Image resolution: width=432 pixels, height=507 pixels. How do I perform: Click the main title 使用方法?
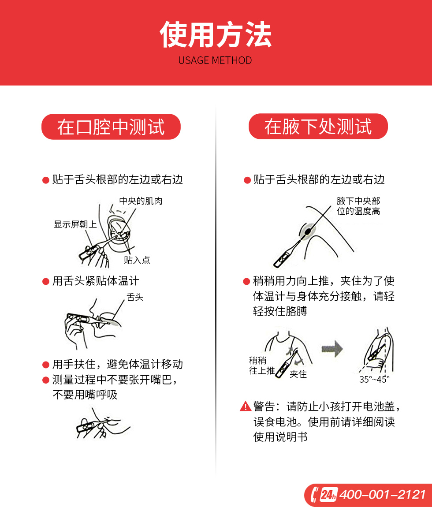coord(216,34)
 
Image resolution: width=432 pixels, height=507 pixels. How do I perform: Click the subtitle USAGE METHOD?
coord(215,60)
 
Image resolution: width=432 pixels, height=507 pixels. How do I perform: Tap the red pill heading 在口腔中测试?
coord(111,127)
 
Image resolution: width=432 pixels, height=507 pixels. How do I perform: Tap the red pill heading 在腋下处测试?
coord(318,127)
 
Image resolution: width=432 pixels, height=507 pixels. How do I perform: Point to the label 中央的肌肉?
coord(141,201)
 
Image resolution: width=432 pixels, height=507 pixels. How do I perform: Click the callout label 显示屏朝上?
coord(75,224)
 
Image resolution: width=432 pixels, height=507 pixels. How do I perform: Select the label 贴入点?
coord(137,260)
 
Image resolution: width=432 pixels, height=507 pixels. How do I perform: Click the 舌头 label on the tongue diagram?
coord(135,297)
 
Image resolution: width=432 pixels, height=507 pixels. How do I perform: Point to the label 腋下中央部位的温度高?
coord(358,206)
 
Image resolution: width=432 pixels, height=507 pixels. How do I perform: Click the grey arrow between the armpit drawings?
coord(332,349)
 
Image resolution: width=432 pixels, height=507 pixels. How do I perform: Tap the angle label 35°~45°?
coord(374,380)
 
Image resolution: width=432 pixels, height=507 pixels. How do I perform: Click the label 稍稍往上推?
coord(262,365)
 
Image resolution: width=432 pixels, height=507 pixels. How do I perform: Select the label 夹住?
coord(298,374)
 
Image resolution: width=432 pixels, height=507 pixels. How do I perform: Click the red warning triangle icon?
coord(246,406)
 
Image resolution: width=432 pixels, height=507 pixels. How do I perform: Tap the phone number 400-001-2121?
coord(383,495)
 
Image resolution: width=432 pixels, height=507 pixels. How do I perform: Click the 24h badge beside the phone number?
coord(329,494)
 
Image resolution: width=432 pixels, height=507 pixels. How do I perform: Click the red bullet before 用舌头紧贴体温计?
coord(45,282)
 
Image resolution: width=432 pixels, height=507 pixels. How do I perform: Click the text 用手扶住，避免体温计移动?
coord(118,365)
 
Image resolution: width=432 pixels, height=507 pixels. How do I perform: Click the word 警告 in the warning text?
coord(264,406)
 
